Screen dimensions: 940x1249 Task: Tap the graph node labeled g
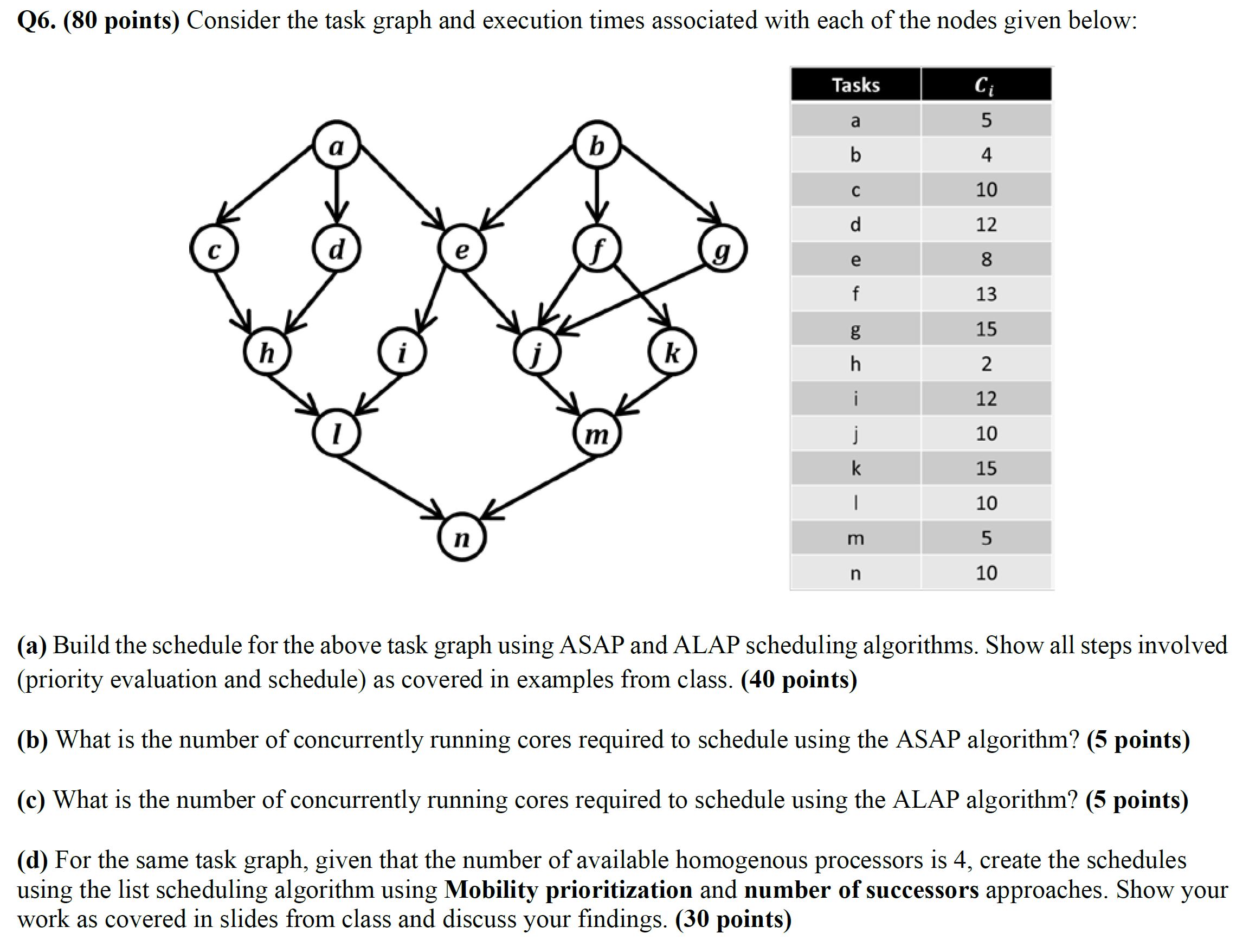(723, 249)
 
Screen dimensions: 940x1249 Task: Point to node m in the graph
(597, 434)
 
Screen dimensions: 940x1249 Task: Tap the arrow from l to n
(390, 486)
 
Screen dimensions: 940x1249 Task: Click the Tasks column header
(855, 85)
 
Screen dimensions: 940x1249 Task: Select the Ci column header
(986, 85)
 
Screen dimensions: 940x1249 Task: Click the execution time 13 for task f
(986, 294)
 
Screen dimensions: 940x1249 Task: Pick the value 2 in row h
(986, 364)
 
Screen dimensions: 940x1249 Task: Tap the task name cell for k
(855, 468)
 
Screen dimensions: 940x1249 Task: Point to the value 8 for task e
(986, 259)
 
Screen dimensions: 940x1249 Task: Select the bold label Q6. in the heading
(37, 21)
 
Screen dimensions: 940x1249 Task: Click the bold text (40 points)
(799, 679)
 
